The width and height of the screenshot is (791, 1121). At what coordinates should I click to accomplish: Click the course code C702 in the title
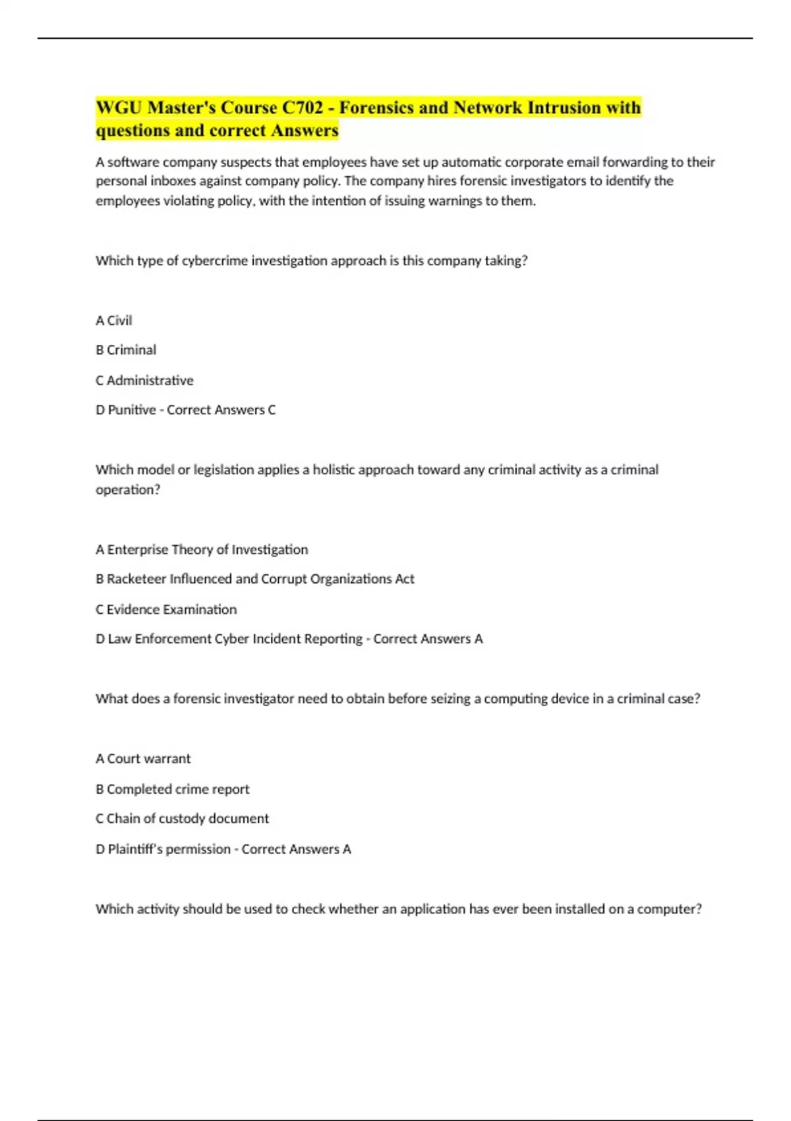click(x=303, y=107)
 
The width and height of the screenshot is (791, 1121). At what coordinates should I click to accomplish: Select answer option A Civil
click(x=114, y=320)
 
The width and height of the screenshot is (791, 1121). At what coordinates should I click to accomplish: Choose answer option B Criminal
click(x=126, y=350)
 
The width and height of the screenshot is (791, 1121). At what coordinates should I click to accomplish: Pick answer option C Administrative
click(x=144, y=380)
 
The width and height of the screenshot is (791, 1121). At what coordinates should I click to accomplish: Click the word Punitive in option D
click(x=132, y=410)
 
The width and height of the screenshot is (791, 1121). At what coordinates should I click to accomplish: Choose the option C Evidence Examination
click(x=166, y=609)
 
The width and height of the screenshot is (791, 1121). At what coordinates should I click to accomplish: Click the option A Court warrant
click(x=143, y=759)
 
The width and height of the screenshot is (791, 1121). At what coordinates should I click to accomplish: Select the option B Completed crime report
click(x=173, y=789)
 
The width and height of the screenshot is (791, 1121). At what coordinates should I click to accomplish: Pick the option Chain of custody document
click(x=187, y=818)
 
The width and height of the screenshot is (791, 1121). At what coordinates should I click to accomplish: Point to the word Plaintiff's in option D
click(x=135, y=849)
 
